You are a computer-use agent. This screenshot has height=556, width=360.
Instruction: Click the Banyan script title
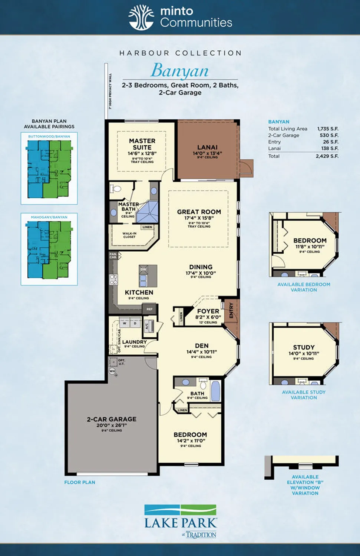(180, 70)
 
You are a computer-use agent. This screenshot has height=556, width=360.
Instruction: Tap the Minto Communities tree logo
(141, 17)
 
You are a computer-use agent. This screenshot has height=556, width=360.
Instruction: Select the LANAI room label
(207, 148)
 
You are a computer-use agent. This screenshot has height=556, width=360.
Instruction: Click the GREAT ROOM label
(199, 212)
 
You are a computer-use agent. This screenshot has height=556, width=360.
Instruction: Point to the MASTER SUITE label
(142, 144)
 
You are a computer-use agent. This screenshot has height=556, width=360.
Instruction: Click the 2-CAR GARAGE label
(112, 419)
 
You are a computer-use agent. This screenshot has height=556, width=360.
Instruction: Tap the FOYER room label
(208, 311)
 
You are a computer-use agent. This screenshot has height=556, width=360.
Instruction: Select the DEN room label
(202, 346)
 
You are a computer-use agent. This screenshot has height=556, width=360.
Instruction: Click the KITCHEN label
(139, 292)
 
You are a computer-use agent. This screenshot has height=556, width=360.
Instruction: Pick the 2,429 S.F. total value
(327, 156)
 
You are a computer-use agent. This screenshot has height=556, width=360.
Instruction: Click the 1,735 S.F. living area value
(328, 129)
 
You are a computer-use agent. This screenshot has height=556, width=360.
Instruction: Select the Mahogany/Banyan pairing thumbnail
(49, 250)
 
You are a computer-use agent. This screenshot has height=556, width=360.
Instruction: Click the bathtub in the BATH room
(215, 391)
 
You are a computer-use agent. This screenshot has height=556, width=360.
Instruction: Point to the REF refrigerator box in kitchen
(150, 309)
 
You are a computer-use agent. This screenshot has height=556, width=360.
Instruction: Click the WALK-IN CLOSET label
(129, 235)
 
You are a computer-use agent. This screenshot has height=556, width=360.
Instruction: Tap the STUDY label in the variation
(304, 348)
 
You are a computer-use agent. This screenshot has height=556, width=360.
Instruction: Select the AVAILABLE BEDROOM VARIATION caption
(304, 287)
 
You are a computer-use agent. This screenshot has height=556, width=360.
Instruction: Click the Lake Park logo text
(181, 523)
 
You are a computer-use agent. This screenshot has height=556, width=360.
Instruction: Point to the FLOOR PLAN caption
(80, 482)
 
